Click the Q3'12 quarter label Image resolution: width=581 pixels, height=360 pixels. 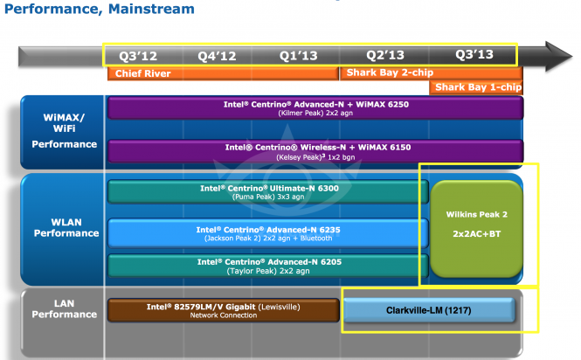tap(136, 55)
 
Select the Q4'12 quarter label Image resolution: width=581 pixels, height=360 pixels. tap(217, 55)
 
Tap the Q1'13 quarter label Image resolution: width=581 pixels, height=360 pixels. tap(299, 55)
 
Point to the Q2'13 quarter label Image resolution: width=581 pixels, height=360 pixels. tap(386, 55)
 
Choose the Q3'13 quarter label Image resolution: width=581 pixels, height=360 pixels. tap(474, 55)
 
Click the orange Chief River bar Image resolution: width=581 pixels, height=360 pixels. tap(223, 73)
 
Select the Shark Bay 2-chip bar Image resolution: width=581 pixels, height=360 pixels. tap(431, 73)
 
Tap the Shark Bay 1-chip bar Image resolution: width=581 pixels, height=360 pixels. tap(477, 87)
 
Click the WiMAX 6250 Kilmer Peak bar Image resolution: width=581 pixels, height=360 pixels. tap(315, 108)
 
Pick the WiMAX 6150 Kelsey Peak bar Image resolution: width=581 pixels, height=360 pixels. tap(315, 150)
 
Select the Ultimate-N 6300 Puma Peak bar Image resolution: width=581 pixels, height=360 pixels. tap(266, 191)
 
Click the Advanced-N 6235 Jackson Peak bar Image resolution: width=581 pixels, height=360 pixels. tap(266, 232)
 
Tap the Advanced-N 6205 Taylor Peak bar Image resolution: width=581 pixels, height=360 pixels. tap(266, 265)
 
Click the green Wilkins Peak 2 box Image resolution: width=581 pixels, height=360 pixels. tap(476, 229)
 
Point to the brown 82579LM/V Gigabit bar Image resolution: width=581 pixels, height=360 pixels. tap(223, 310)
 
